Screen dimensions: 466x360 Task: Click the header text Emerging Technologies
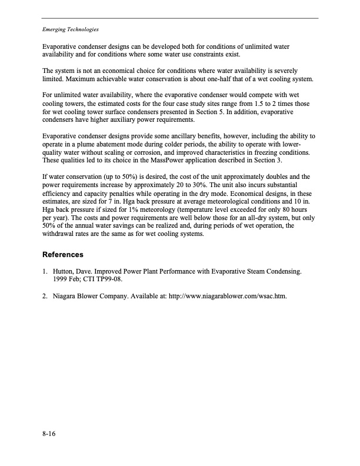pyautogui.click(x=70, y=29)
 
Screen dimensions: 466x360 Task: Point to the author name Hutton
pyautogui.click(x=64, y=272)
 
